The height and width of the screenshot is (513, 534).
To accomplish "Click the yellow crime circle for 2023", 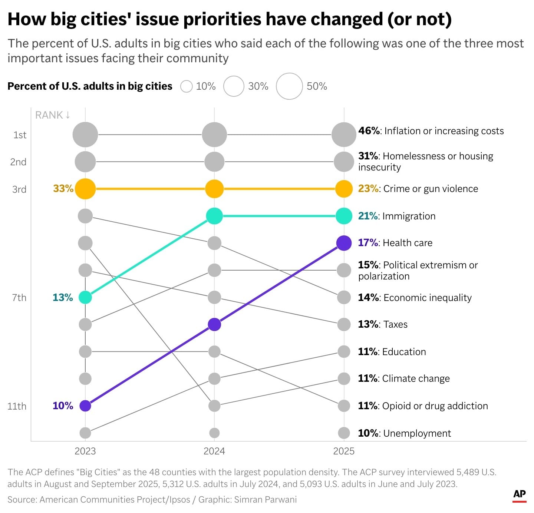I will (85, 189).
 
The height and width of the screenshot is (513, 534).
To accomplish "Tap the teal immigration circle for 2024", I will (214, 216).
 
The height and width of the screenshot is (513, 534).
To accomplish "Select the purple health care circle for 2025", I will (344, 243).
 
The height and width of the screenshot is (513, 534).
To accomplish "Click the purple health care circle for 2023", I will (85, 406).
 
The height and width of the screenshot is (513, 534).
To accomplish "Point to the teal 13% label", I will (63, 297).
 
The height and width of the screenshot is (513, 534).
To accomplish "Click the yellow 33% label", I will (63, 188).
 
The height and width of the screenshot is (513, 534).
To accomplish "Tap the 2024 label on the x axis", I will (214, 451).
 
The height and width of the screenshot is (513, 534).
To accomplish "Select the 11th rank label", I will (17, 406).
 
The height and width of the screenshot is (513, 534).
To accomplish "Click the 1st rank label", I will (20, 135).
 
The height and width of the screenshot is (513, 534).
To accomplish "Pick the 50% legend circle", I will (290, 86).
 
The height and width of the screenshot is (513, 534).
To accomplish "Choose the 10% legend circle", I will (186, 86).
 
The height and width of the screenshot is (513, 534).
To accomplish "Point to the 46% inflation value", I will (369, 130).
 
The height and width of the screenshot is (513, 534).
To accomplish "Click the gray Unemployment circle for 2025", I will (344, 433).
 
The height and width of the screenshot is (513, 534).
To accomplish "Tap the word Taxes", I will (395, 324).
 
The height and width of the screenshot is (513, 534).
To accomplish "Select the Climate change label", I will (416, 378).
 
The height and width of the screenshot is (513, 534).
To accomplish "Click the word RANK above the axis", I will (49, 115).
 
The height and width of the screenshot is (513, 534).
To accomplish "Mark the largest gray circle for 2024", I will (214, 135).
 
